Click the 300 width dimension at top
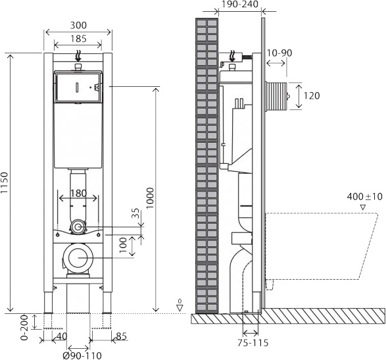pos(78,25)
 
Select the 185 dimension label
pos(78,39)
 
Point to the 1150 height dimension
pos(6,182)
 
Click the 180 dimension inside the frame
pos(78,193)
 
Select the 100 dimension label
pos(122,245)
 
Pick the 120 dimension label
pos(312,96)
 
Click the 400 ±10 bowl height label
pos(364,197)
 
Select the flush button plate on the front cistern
pos(78,88)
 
